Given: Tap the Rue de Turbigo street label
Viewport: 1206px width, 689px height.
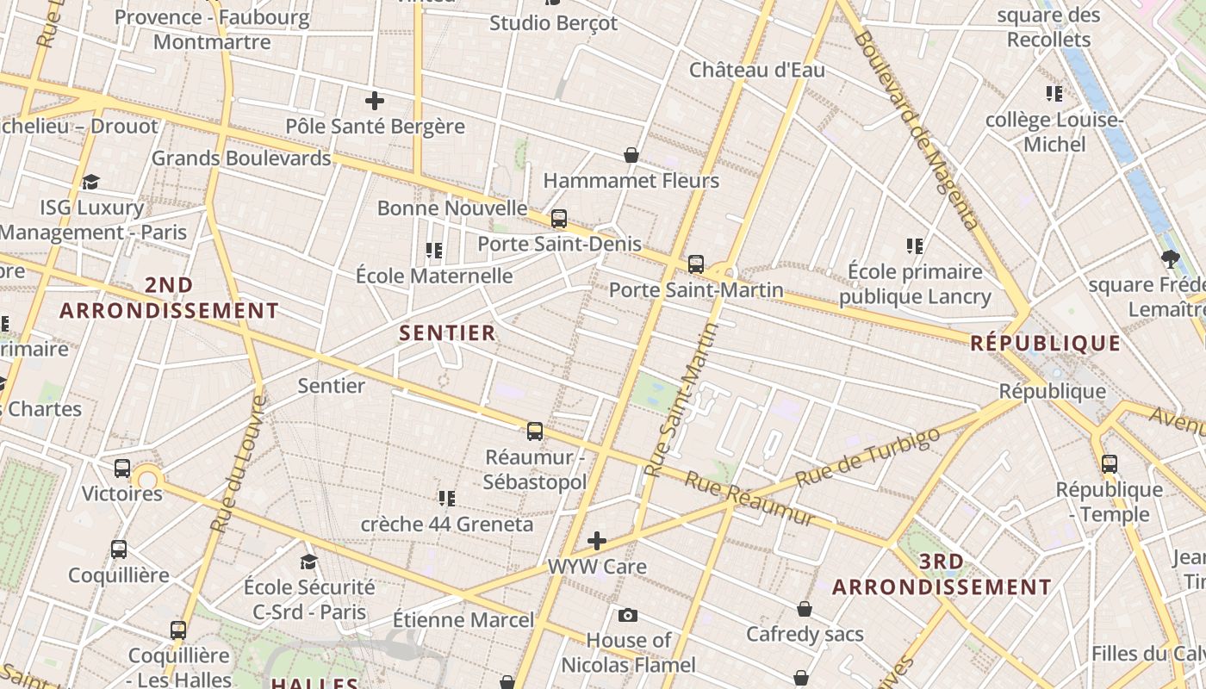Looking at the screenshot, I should (867, 456).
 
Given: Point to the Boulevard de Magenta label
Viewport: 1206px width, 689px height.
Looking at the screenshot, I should (917, 129).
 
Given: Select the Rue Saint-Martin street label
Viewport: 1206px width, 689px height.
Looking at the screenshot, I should (681, 400).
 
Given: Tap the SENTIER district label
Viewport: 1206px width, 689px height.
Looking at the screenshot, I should (447, 333).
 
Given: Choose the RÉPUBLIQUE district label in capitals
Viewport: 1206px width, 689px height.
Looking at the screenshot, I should (1045, 344).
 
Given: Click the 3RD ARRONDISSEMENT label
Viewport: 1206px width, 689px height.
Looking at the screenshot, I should (942, 574).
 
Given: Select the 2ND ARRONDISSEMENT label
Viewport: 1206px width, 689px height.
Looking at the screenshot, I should (169, 297).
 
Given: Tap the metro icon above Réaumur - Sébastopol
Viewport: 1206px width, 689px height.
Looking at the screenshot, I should (535, 431).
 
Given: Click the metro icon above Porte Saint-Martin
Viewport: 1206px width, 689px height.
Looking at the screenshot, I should (696, 264).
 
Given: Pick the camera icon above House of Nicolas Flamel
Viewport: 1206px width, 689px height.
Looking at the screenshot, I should (628, 615).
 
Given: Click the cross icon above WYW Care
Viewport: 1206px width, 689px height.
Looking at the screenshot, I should (597, 541).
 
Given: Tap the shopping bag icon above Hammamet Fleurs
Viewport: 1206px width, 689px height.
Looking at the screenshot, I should (631, 155).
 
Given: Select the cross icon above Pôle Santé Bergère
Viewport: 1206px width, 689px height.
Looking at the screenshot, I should (375, 101).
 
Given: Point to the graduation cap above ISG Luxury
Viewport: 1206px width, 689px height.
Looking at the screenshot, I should (91, 182).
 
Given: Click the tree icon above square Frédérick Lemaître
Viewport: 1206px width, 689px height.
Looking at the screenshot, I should (1170, 258).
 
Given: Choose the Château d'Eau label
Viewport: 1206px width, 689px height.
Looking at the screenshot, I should (756, 71).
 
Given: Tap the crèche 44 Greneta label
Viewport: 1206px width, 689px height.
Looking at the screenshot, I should (446, 524).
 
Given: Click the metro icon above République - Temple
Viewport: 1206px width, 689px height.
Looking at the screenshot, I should (1110, 464).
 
